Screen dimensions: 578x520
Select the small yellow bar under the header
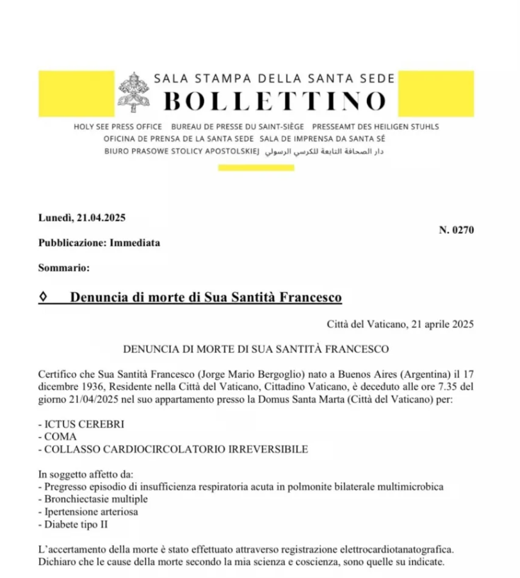pos(256,168)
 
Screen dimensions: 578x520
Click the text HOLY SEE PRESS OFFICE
pos(118,127)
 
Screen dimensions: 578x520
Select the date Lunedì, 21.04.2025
pos(81,217)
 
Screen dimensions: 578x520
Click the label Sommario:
pos(63,268)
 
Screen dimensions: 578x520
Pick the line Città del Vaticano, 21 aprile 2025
pos(400,324)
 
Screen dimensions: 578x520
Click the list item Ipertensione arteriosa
pos(91,511)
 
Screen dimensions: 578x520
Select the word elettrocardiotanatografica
pos(380,550)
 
